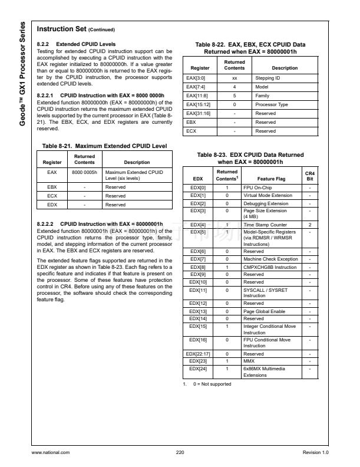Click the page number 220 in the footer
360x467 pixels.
180,452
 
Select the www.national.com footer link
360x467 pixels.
51,452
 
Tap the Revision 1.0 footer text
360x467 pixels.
315,452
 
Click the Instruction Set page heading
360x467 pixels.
76,29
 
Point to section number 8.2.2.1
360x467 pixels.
46,95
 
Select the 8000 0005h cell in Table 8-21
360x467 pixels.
85,173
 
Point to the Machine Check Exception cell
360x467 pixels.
279,259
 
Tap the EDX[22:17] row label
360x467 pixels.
198,354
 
